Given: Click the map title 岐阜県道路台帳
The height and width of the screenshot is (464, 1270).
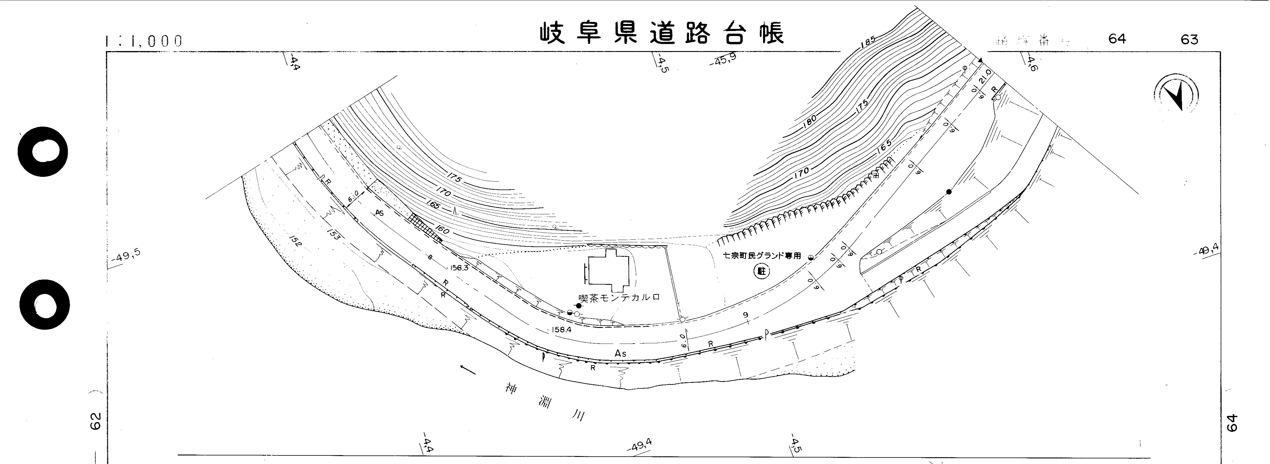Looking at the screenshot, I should coord(661,33).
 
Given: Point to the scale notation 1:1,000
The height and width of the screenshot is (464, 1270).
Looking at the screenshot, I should coord(144,41).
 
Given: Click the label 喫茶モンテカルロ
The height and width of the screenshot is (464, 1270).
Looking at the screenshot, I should coord(619,298).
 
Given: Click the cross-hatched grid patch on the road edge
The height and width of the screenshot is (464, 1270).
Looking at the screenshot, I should coord(425,228).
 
